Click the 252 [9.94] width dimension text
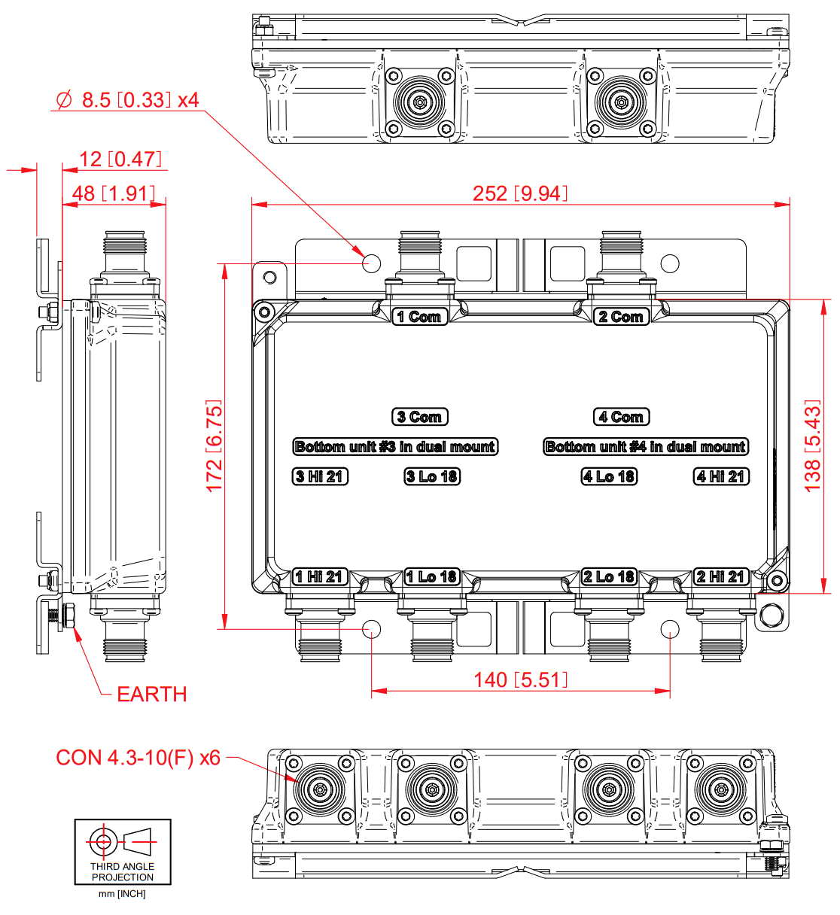click(x=520, y=193)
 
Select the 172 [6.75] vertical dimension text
click(x=215, y=446)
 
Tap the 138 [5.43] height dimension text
click(x=813, y=446)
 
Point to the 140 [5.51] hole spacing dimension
click(x=520, y=680)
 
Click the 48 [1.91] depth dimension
click(x=114, y=193)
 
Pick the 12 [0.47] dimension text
click(x=120, y=159)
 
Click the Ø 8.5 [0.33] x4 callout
click(x=128, y=100)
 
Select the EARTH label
click(x=151, y=694)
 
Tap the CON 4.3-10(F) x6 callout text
click(x=138, y=758)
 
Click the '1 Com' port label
click(x=420, y=317)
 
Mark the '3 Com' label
click(x=420, y=417)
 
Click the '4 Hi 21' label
click(x=721, y=476)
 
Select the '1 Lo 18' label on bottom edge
click(x=432, y=577)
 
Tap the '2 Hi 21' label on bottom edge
click(x=721, y=577)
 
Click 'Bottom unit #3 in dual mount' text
click(x=395, y=447)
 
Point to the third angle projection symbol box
click(x=123, y=852)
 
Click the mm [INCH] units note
click(x=122, y=894)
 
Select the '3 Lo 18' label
click(x=432, y=476)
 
